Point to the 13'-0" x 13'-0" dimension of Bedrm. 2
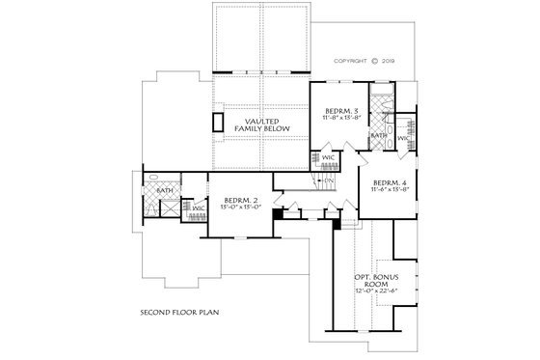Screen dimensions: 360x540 click(x=231, y=208)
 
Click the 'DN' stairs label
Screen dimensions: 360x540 click(x=327, y=180)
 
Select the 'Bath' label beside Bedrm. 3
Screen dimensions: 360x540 click(x=379, y=136)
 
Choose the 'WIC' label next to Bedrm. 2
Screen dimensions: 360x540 click(x=198, y=208)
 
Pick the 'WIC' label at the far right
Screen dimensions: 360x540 click(x=403, y=139)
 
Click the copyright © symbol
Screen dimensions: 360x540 click(x=384, y=60)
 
